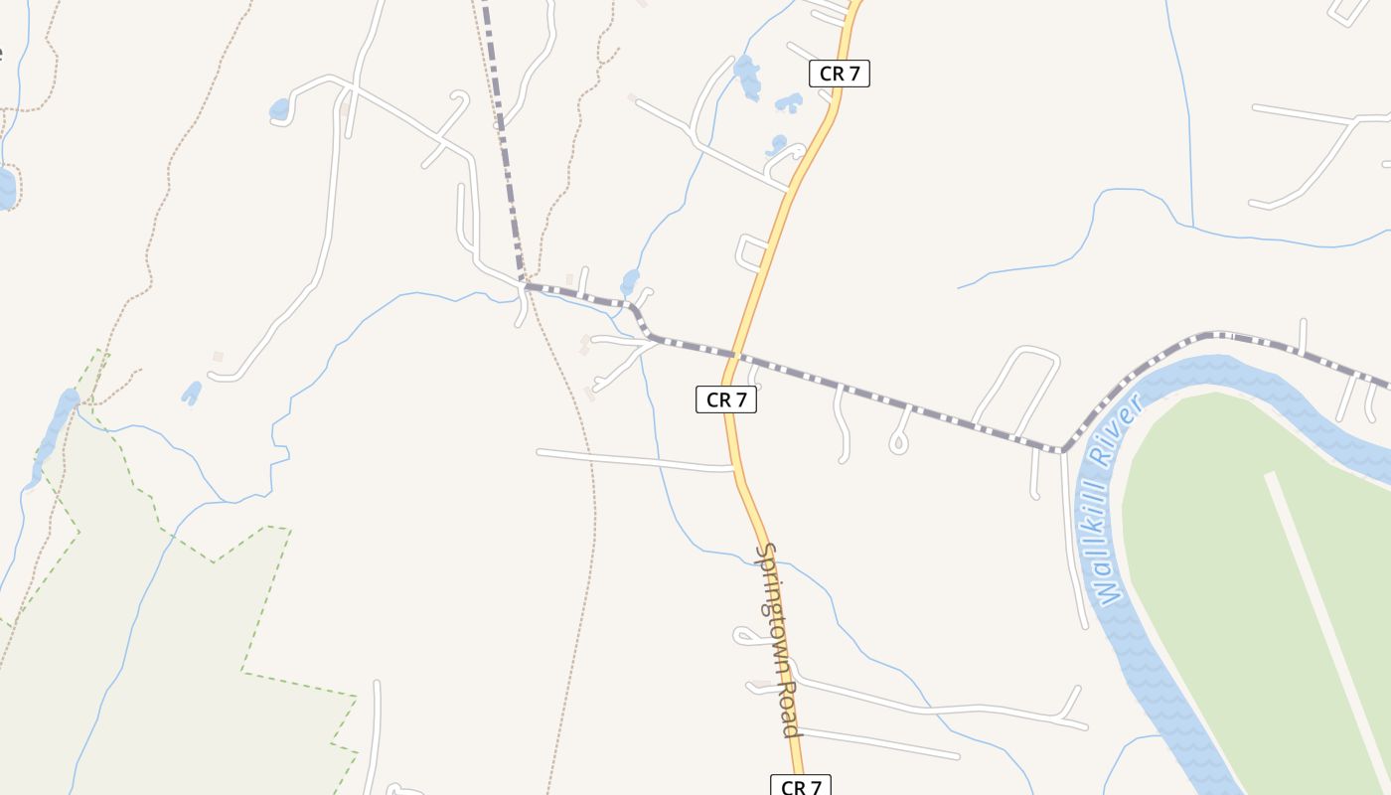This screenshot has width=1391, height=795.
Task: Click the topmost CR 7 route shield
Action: (x=840, y=74)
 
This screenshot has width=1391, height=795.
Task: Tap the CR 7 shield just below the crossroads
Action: (x=726, y=399)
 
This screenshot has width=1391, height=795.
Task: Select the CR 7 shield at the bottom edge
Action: (x=800, y=786)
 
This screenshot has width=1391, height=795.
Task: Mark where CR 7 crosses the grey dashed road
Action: (x=736, y=355)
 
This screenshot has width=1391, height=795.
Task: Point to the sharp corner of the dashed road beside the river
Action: (x=1062, y=451)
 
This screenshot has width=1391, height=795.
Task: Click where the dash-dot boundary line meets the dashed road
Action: (x=523, y=284)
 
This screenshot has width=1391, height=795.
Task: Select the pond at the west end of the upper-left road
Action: (x=279, y=109)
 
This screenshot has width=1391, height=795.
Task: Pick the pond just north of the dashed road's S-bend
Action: (x=630, y=282)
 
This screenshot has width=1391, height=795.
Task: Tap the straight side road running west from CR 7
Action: (x=636, y=459)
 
